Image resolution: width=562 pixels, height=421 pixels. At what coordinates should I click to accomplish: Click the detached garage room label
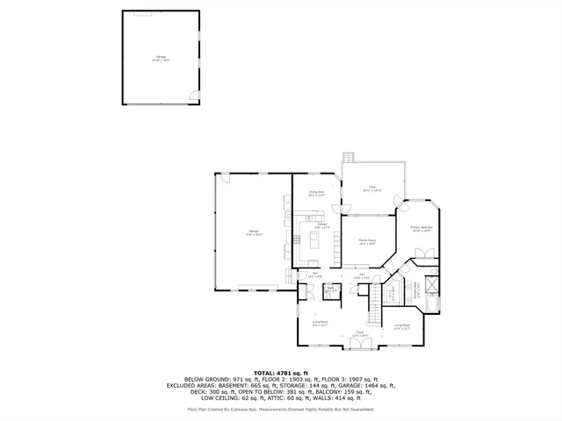pyautogui.click(x=160, y=58)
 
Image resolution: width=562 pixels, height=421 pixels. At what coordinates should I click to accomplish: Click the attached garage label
pyautogui.click(x=252, y=232)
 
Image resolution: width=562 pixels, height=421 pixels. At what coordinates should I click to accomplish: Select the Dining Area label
pyautogui.click(x=316, y=193)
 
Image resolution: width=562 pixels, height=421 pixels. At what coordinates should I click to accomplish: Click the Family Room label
pyautogui.click(x=367, y=242)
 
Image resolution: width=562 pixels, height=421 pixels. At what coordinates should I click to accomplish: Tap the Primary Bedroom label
pyautogui.click(x=421, y=230)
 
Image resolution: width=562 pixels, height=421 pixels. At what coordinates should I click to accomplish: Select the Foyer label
pyautogui.click(x=358, y=334)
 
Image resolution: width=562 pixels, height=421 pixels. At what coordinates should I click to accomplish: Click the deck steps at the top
pyautogui.click(x=349, y=158)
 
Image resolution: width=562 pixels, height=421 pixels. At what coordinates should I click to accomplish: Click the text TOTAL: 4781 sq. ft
pyautogui.click(x=281, y=372)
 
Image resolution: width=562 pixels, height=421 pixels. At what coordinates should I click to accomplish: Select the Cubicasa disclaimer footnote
pyautogui.click(x=281, y=409)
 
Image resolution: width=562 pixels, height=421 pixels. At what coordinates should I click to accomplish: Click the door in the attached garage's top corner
pyautogui.click(x=224, y=178)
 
